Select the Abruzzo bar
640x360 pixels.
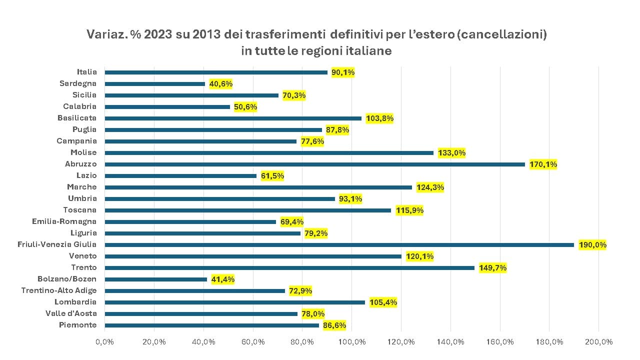(x=314, y=164)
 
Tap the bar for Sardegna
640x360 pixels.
(x=154, y=83)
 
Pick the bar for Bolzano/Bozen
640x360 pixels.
(x=155, y=279)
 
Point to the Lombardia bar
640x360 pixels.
(x=234, y=302)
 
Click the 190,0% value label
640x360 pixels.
(x=592, y=244)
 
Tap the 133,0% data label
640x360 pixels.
(x=451, y=152)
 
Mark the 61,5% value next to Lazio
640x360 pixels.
(x=272, y=175)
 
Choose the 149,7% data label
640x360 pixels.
(x=492, y=267)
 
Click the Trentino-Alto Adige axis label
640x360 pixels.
(x=59, y=290)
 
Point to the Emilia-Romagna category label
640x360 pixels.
(x=64, y=221)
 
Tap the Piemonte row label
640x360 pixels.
(x=77, y=325)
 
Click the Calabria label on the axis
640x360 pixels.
(x=80, y=106)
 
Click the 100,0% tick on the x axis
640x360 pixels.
(x=352, y=342)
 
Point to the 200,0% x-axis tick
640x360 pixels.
(x=598, y=342)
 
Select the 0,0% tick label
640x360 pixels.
(x=105, y=342)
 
